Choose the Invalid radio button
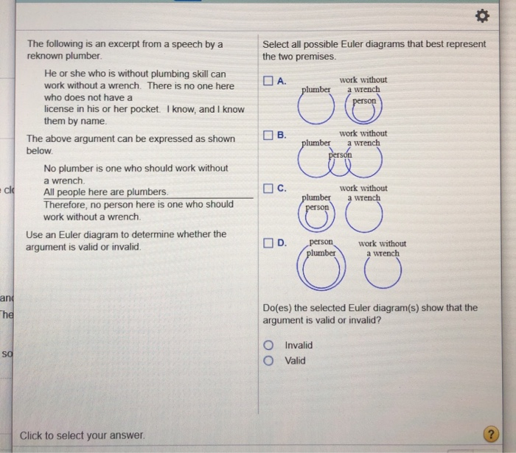coord(271,345)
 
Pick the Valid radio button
coord(271,361)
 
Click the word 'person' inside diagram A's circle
coord(364,100)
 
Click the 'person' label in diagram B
coord(341,155)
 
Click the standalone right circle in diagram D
coord(383,273)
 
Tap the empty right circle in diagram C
coord(364,217)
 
